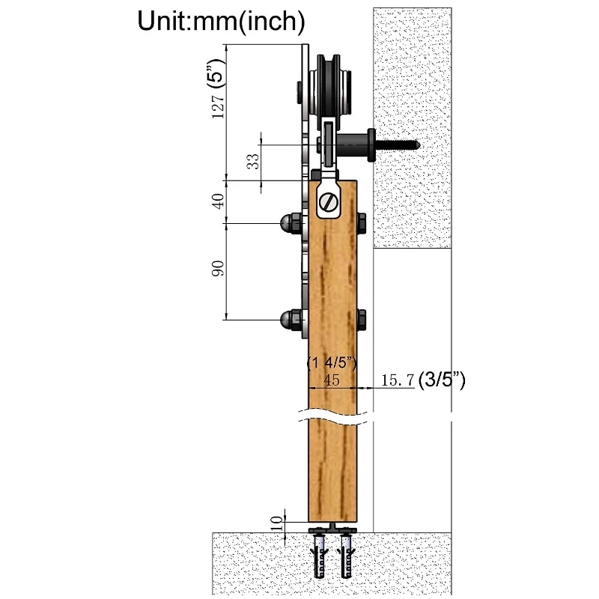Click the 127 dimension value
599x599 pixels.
coord(218,105)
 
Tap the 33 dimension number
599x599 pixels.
coord(252,161)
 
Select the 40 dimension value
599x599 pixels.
coord(218,201)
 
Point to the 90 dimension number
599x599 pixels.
coord(218,268)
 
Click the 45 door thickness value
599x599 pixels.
coord(331,380)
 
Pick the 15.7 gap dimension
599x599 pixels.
coord(398,380)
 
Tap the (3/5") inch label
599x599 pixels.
coord(442,380)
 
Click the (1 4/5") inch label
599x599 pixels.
coord(332,363)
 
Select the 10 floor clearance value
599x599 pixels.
coord(277,523)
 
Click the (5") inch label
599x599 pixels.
coord(216,72)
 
